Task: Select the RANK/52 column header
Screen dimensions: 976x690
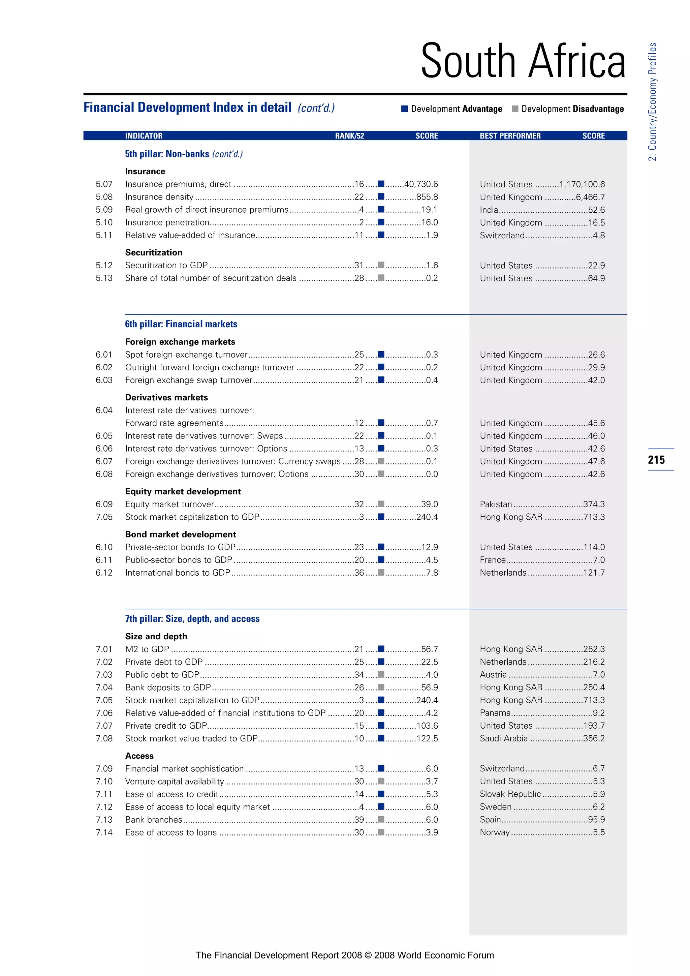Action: click(349, 135)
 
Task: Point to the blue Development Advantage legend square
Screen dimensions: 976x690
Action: click(405, 109)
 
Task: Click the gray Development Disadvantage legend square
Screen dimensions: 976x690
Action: click(515, 109)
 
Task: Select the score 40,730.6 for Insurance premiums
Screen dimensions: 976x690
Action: click(420, 184)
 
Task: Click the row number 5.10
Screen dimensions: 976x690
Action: click(104, 222)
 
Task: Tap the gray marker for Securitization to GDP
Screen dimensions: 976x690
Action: click(381, 265)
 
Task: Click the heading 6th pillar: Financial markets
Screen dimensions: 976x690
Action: click(181, 324)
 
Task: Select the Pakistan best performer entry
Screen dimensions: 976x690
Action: click(496, 504)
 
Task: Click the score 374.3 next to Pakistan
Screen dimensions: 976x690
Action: click(594, 504)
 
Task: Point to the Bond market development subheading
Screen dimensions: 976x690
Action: click(180, 534)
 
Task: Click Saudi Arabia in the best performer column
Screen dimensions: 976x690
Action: click(503, 738)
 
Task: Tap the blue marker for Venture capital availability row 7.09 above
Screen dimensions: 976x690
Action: click(381, 768)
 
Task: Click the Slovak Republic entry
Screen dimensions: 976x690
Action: click(510, 794)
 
